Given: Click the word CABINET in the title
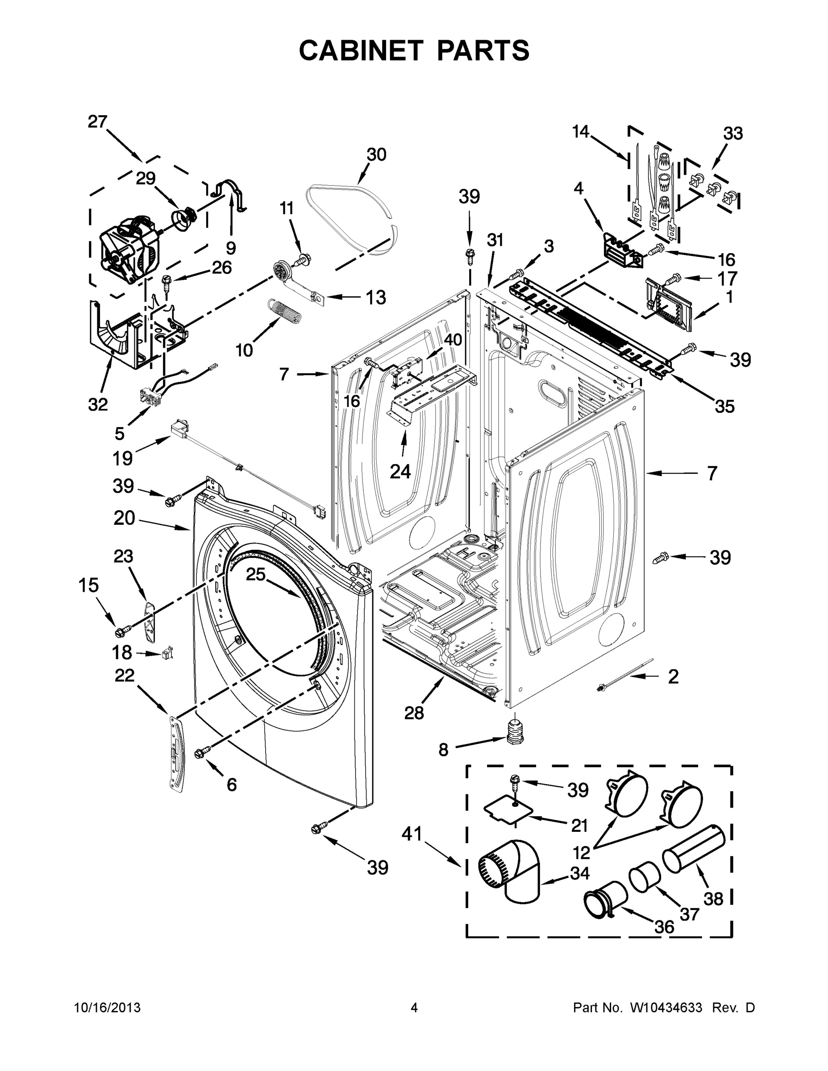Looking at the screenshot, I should coord(361,50).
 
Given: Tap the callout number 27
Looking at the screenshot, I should coord(98,122).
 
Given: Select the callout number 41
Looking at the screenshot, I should coord(412,833).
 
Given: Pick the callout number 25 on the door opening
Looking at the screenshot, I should coord(255,574).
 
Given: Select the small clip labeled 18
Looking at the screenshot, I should coord(167,653).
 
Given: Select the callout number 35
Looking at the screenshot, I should coord(724,406).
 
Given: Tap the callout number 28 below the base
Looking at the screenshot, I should coord(413,713).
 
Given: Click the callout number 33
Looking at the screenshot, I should coord(733,133).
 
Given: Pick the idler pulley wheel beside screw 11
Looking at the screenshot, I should coord(281,270).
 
